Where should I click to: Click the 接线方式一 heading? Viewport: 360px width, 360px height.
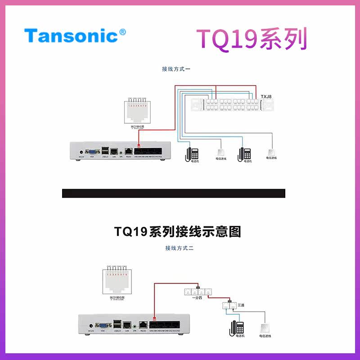pyautogui.click(x=177, y=69)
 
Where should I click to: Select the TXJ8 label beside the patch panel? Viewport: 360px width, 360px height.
pyautogui.click(x=266, y=97)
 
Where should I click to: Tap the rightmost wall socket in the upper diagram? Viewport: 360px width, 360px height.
pyautogui.click(x=271, y=152)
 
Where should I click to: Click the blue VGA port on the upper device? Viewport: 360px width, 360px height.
pyautogui.click(x=92, y=152)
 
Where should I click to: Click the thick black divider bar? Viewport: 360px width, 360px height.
pyautogui.click(x=173, y=193)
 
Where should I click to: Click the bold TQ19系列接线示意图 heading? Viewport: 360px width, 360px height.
pyautogui.click(x=177, y=232)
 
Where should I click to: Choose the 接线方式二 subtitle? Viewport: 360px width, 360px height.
pyautogui.click(x=179, y=248)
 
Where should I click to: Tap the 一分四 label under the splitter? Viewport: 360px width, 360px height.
pyautogui.click(x=197, y=298)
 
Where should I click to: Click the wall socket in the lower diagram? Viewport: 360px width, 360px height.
pyautogui.click(x=263, y=328)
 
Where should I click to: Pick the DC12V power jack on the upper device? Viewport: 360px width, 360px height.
pyautogui.click(x=81, y=152)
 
